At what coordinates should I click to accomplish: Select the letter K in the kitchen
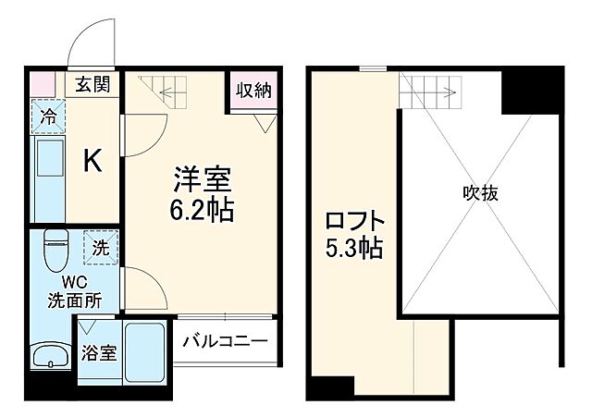[x=93, y=162]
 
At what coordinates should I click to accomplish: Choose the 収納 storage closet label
[x=252, y=91]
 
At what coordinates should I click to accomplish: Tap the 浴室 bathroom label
[x=98, y=352]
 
